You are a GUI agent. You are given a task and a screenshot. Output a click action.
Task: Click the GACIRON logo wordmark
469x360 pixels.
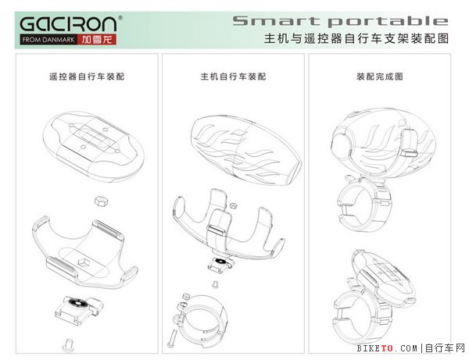[68, 23]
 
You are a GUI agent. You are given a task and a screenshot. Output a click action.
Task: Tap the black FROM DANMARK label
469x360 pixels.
[48, 40]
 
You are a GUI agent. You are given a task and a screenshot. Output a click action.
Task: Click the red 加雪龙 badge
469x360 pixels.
[97, 40]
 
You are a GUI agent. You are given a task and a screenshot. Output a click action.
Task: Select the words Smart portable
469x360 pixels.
[340, 21]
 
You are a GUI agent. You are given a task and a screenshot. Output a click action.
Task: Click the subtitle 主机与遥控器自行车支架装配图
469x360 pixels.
[356, 38]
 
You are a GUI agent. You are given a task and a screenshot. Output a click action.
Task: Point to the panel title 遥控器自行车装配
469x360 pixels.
[87, 77]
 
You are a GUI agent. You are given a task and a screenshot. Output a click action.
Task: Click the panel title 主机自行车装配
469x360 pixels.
[233, 77]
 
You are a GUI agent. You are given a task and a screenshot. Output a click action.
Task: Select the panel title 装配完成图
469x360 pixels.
[380, 77]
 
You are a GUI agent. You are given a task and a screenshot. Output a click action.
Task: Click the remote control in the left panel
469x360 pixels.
[94, 146]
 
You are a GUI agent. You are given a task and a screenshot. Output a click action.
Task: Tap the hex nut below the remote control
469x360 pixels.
[101, 201]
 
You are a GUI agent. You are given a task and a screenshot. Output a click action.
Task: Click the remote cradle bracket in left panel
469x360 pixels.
[84, 252]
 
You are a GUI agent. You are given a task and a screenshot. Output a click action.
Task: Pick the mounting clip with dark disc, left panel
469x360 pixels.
[79, 309]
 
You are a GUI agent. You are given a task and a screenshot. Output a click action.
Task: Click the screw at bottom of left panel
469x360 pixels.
[69, 345]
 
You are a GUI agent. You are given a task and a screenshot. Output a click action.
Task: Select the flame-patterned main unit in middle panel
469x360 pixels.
[246, 150]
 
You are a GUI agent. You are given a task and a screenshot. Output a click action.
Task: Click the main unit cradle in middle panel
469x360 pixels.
[228, 223]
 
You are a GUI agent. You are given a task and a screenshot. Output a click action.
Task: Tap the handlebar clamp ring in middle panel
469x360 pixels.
[201, 321]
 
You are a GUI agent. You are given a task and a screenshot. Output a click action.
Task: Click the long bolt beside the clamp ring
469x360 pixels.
[173, 338]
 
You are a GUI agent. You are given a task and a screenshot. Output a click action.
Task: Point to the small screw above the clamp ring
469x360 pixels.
[215, 284]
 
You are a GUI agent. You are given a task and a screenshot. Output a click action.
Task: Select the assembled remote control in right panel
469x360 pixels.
[384, 279]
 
